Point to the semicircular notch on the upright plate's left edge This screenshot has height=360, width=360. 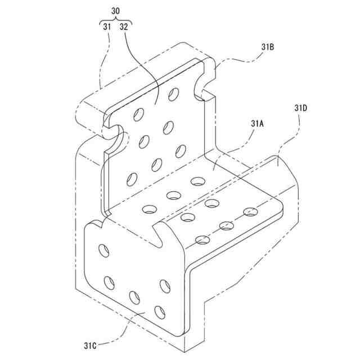pos(117,136)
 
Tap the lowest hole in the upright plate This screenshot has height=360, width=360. pos(132,179)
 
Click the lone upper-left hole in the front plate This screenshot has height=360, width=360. pos(104,250)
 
